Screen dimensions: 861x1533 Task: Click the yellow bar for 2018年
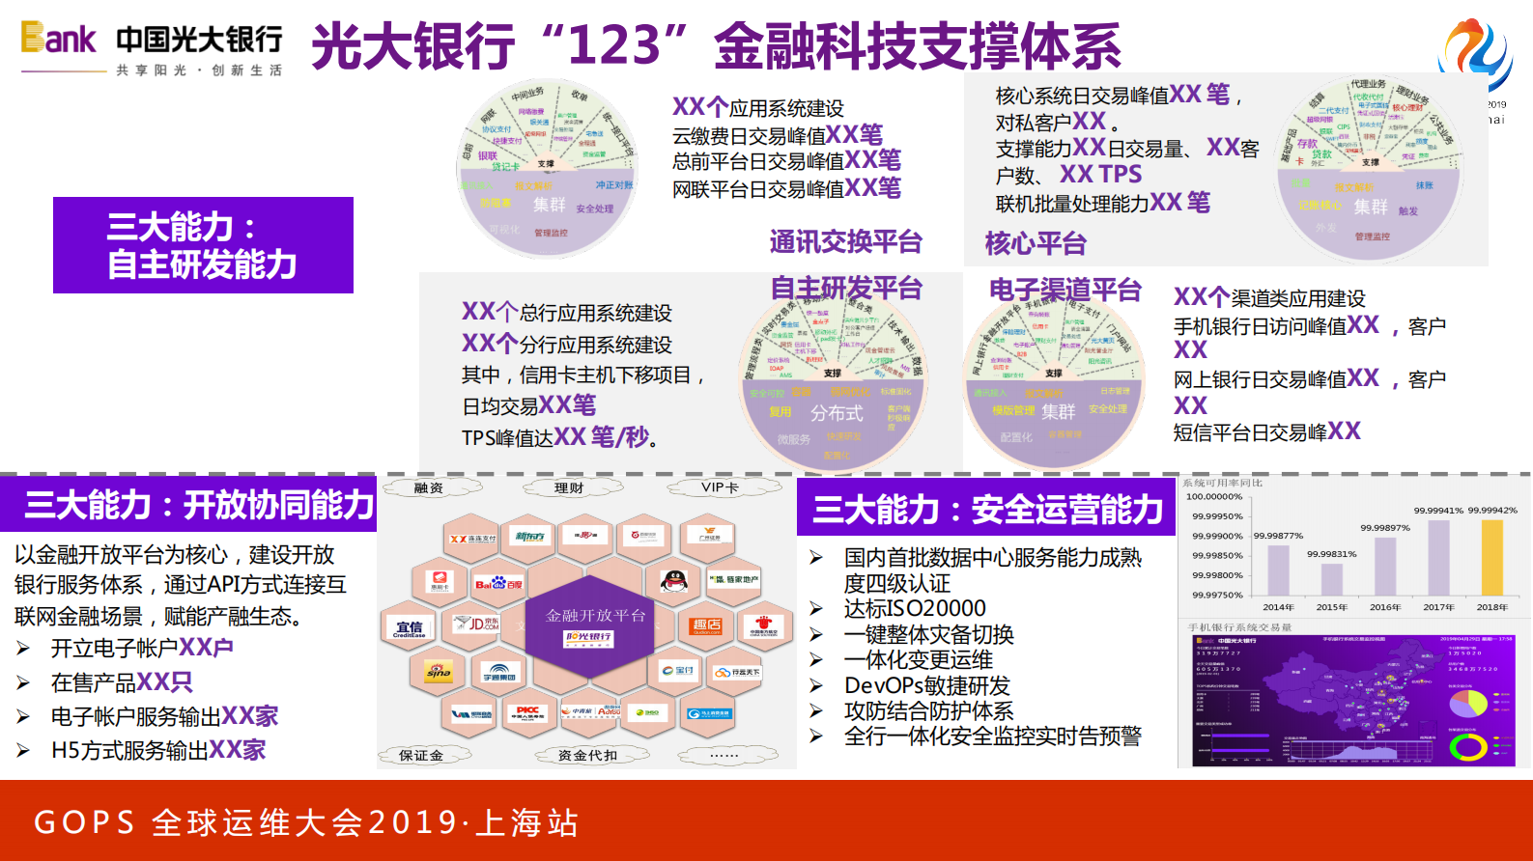(1491, 558)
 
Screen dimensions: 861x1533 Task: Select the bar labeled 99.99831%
(1332, 578)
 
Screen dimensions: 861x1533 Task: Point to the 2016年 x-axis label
(1385, 607)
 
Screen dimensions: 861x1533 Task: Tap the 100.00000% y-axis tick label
(1214, 497)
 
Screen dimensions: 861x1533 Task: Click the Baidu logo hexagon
(498, 582)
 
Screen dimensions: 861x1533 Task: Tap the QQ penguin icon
(673, 581)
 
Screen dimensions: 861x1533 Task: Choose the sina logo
(439, 670)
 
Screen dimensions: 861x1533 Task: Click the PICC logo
(527, 712)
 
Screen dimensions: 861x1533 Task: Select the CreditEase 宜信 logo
(409, 627)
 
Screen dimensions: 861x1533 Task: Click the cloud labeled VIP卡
(720, 487)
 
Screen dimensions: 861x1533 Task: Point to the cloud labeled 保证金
(421, 755)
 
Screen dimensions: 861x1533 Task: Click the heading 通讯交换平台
(846, 241)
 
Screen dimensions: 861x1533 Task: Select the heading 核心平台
(1036, 243)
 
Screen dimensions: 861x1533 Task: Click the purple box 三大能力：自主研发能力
(203, 245)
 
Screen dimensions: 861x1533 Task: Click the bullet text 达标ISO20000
(915, 608)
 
